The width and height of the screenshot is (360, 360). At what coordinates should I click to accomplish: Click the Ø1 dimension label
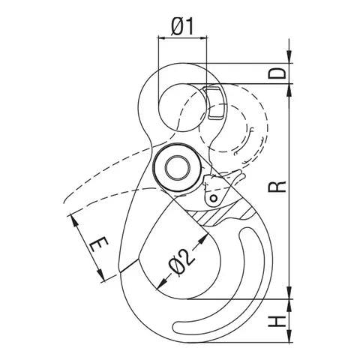click(x=182, y=27)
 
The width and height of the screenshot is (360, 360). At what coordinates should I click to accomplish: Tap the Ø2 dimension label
click(x=181, y=262)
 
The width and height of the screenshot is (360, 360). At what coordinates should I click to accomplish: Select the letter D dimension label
click(x=277, y=73)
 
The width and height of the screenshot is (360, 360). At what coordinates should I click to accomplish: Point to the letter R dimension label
click(x=277, y=187)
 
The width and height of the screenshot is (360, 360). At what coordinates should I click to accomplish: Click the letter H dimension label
click(x=277, y=321)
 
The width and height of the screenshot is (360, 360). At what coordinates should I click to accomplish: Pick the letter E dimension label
click(x=99, y=244)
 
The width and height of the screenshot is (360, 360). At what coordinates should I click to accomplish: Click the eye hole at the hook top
click(x=182, y=108)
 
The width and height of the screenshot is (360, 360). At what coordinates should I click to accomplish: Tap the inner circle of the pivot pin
click(x=178, y=168)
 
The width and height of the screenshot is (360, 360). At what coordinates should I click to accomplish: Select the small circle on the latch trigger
click(x=214, y=199)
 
